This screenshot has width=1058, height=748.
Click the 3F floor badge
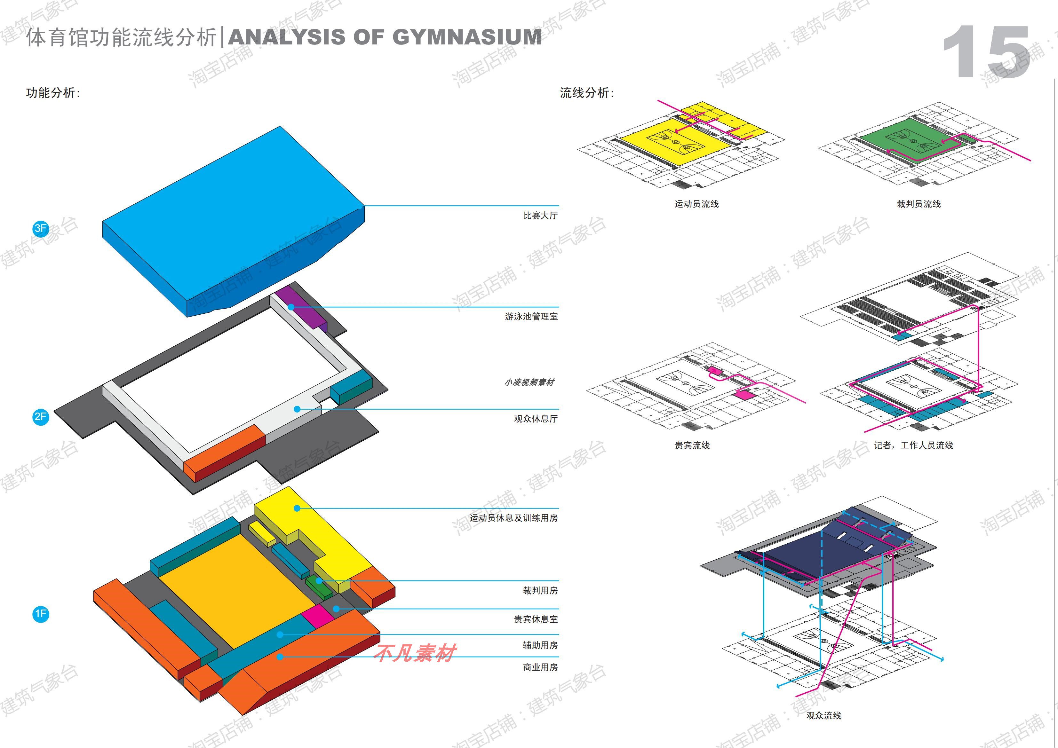(x=41, y=228)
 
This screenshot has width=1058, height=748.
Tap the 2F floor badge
(x=41, y=417)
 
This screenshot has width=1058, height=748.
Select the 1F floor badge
(x=41, y=614)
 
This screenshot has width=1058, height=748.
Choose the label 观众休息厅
(x=536, y=419)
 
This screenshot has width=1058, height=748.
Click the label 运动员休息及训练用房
(x=513, y=518)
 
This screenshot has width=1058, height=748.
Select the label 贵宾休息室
(x=536, y=619)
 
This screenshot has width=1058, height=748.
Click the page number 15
(x=986, y=53)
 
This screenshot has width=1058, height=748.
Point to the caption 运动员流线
(x=696, y=204)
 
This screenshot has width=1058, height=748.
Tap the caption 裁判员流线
(x=919, y=204)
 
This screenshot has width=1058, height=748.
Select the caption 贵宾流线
(x=692, y=445)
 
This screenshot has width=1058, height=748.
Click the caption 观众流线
(x=823, y=716)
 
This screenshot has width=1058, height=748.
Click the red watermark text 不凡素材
(x=415, y=653)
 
